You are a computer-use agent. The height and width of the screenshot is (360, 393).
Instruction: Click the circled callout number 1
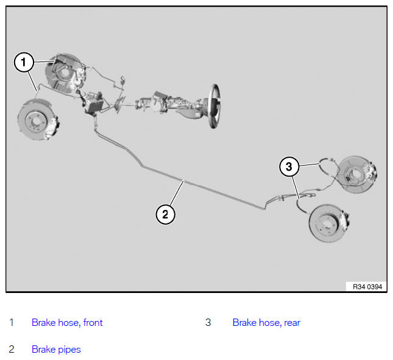click(24, 62)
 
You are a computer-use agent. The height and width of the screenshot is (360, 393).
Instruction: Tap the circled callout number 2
click(165, 214)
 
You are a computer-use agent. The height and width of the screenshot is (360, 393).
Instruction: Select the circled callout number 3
click(289, 166)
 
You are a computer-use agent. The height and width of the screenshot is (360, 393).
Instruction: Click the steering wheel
click(215, 106)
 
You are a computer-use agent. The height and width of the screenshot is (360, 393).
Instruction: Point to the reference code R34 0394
click(367, 287)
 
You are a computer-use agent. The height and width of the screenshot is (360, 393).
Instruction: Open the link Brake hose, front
click(67, 322)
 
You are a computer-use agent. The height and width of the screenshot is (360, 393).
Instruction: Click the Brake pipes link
click(56, 350)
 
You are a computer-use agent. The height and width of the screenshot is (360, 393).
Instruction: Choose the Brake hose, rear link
click(266, 322)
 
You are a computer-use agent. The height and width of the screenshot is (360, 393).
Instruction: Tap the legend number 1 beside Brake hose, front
click(12, 322)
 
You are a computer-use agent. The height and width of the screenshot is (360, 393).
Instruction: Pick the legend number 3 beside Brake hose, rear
click(208, 322)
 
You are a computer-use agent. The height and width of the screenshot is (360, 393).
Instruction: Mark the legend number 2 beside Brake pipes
click(12, 350)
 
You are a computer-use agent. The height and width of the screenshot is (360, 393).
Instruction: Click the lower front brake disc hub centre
click(36, 121)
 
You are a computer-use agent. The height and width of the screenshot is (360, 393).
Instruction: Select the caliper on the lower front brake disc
click(52, 127)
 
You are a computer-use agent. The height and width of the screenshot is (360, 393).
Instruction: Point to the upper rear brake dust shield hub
click(354, 174)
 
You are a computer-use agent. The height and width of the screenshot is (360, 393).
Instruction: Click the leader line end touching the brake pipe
click(183, 181)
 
